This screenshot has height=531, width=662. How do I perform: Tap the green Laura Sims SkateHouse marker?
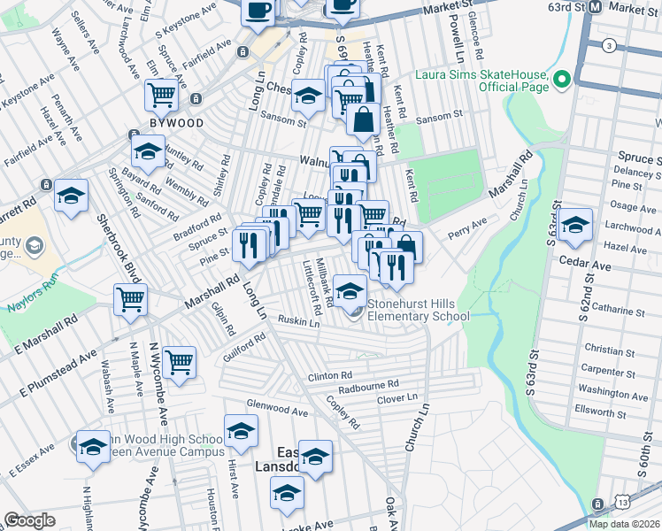click(560, 81)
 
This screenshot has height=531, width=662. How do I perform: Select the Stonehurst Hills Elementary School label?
click(418, 310)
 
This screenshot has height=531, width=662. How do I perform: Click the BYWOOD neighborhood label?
click(176, 123)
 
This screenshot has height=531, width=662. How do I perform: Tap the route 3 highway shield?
click(609, 45)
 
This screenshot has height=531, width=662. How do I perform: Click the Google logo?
click(30, 520)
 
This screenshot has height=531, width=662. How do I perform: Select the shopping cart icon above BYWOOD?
click(161, 94)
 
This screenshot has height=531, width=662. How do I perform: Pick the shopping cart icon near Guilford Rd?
click(180, 361)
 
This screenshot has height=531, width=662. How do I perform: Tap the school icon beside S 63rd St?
click(575, 225)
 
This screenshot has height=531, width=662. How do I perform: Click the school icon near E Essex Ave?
click(93, 446)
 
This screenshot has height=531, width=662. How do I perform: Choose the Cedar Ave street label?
click(584, 265)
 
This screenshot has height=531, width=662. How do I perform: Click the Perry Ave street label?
click(467, 228)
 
